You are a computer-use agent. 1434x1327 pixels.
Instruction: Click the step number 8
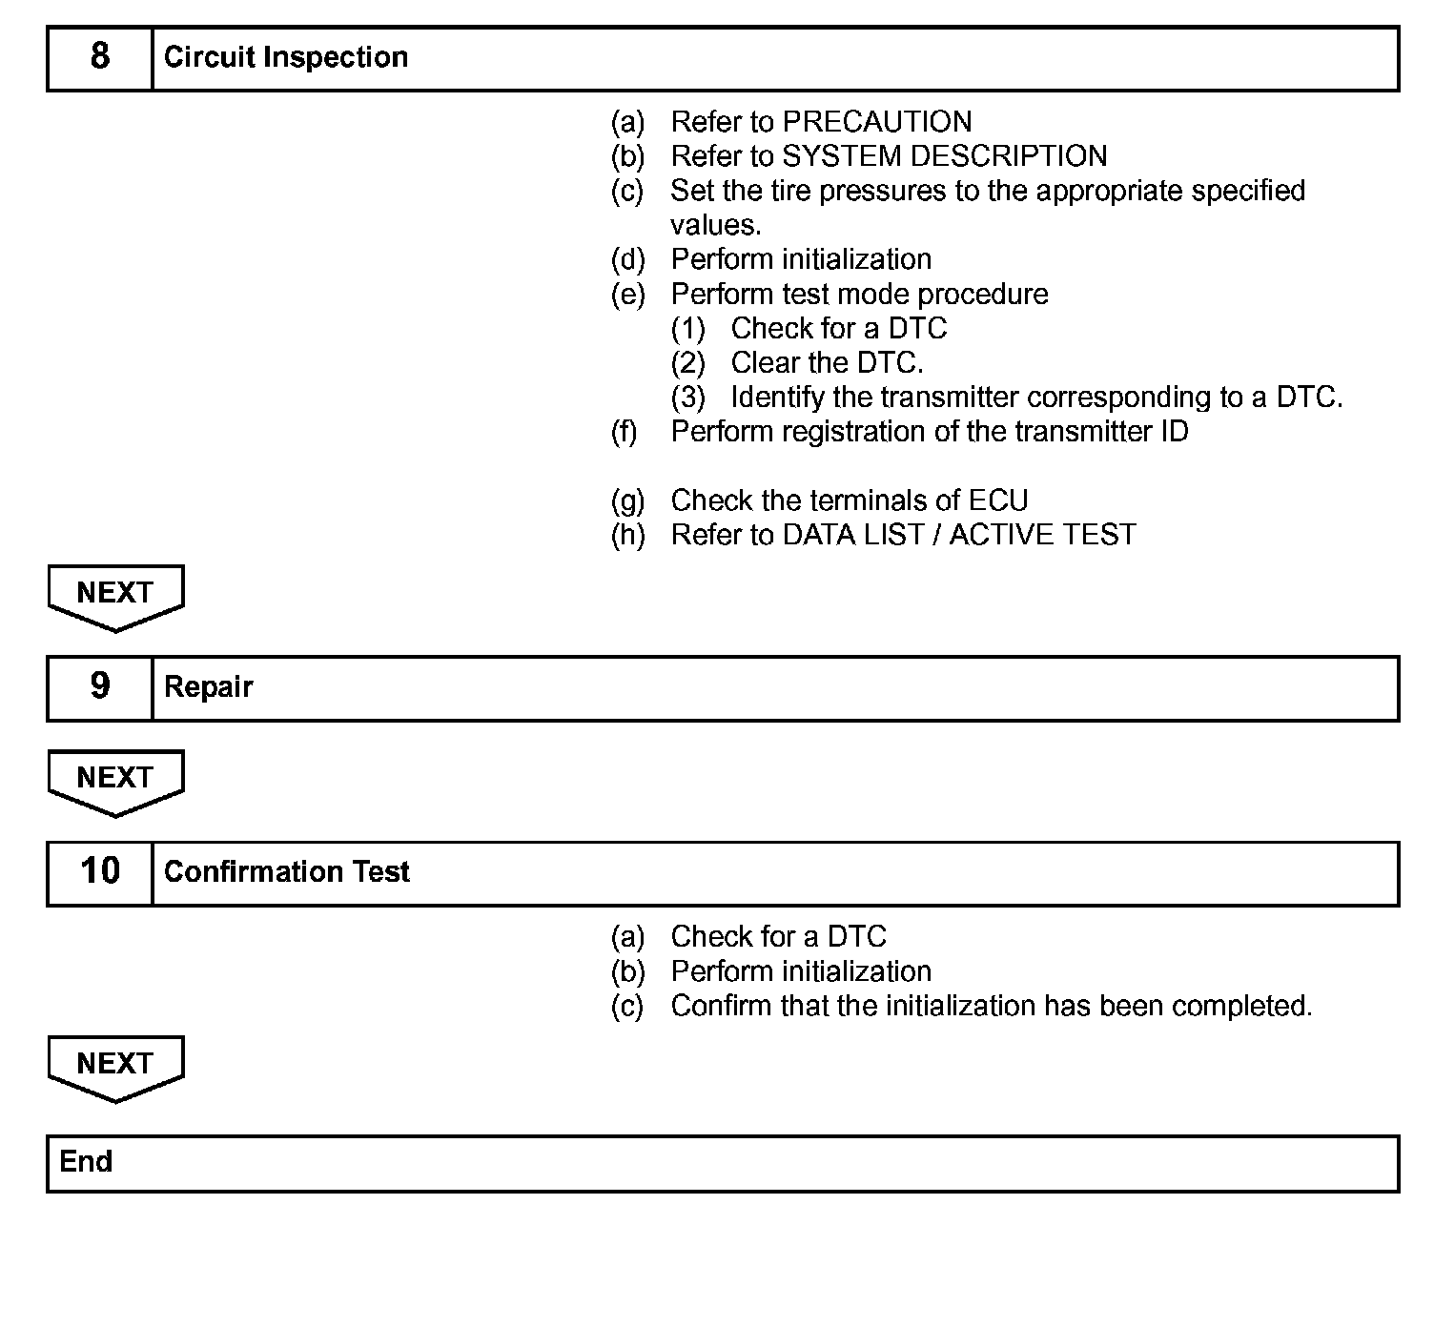(100, 56)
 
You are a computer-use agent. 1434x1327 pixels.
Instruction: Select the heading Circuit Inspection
(286, 57)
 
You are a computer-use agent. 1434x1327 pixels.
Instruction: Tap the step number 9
(100, 685)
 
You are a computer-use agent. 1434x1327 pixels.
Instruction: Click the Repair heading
(209, 686)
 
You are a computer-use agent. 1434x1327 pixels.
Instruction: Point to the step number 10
(100, 870)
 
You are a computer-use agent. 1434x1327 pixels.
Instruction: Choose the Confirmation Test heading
(287, 871)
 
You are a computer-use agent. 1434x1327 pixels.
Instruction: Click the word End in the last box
(86, 1161)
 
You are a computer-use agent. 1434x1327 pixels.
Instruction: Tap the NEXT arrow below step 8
(115, 596)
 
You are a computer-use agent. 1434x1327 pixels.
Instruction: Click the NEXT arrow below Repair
(115, 781)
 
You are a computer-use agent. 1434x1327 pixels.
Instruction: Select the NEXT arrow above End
(115, 1067)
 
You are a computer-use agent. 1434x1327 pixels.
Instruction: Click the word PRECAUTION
(877, 121)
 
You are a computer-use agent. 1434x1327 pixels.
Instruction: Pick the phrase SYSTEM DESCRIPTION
(945, 155)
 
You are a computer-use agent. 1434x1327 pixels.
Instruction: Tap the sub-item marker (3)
(688, 397)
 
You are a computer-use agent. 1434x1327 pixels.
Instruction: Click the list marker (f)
(625, 431)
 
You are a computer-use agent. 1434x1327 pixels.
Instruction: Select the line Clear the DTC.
(827, 362)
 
